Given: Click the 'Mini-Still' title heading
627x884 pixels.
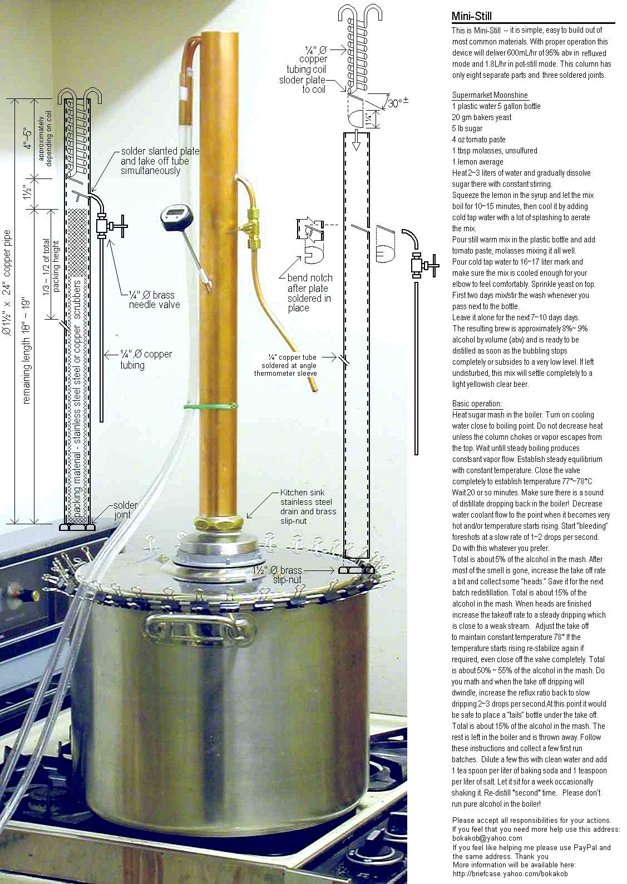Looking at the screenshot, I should [x=472, y=17].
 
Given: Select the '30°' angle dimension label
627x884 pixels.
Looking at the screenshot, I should [x=398, y=103].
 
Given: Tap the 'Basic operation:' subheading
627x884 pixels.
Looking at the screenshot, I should [x=477, y=404].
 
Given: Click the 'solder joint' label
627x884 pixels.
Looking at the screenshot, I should [x=125, y=510].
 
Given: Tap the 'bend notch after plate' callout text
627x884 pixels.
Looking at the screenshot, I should [x=309, y=292].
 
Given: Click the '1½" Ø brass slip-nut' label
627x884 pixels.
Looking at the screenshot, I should [x=277, y=575].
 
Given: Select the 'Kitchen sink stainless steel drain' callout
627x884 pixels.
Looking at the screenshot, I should [x=308, y=503].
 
